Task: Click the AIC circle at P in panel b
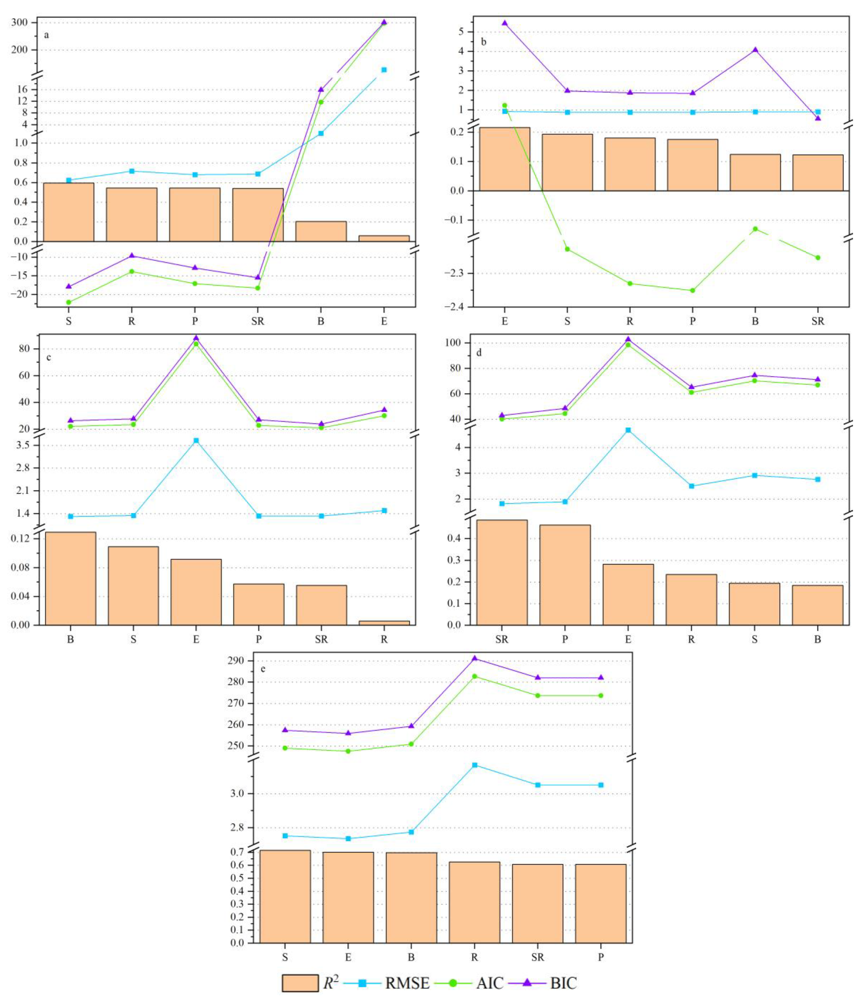(692, 290)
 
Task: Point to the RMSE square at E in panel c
(196, 440)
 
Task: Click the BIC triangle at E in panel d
(628, 339)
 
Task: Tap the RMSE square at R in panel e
(475, 765)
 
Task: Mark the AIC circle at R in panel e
(475, 676)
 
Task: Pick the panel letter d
(479, 353)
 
